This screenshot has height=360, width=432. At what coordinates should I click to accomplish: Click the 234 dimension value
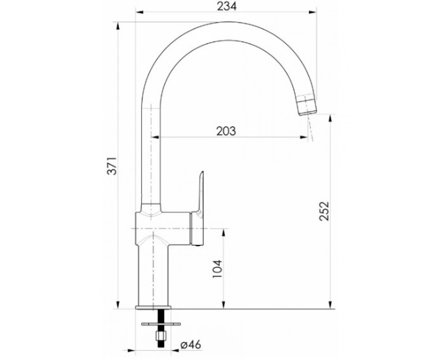226,6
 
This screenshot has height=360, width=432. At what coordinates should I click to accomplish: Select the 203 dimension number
226,131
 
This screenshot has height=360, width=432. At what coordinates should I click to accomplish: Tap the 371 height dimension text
112,166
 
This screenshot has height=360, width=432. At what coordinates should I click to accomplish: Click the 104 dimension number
217,269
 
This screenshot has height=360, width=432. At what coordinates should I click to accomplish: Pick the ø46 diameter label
191,345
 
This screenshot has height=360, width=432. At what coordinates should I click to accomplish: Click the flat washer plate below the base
161,324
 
